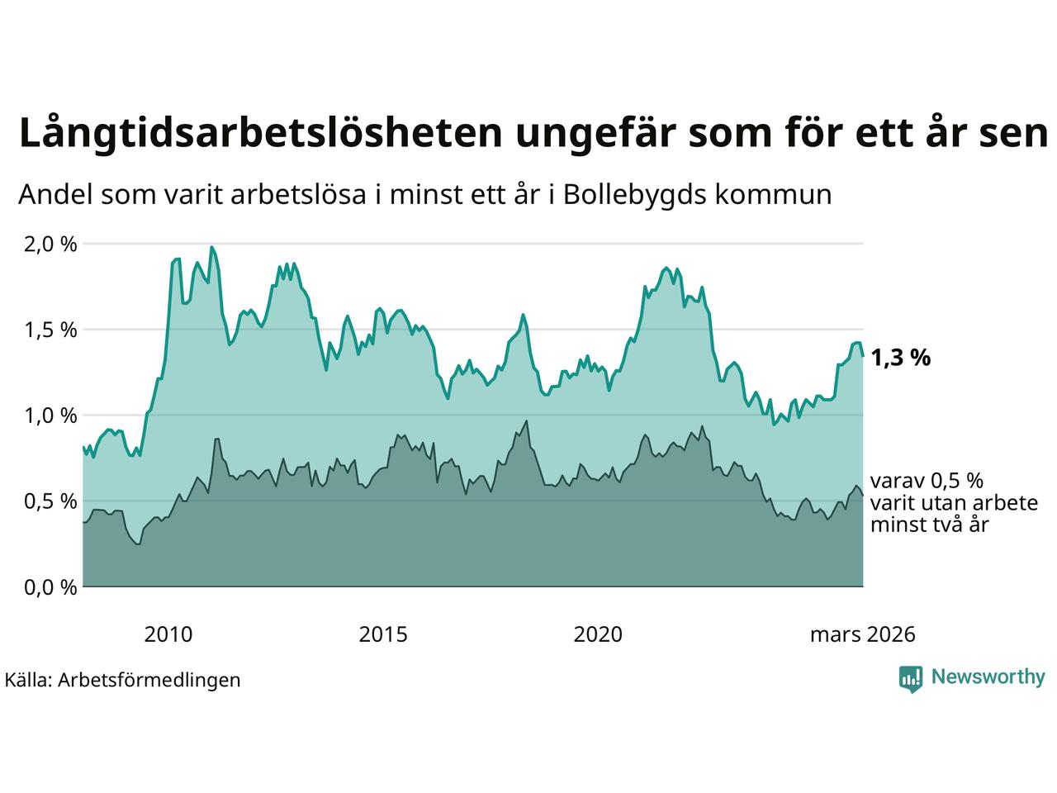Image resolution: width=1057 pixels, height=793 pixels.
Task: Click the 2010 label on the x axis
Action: pos(168,634)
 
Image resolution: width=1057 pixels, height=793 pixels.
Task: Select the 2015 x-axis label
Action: pos(383,634)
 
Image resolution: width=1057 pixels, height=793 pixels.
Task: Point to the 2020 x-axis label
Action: pos(598,634)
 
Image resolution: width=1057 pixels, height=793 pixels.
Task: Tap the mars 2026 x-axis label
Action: pos(862,634)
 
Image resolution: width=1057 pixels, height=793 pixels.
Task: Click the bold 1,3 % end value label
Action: pos(900,359)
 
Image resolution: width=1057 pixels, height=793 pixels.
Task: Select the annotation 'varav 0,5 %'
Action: pos(927,482)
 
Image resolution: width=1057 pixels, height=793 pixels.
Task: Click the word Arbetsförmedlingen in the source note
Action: pos(149,680)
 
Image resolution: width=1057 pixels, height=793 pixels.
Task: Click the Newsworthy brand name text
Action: pos(988,677)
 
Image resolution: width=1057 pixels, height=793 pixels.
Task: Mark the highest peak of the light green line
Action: pos(211,247)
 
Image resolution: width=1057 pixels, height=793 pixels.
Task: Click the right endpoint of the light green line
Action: pos(863,356)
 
